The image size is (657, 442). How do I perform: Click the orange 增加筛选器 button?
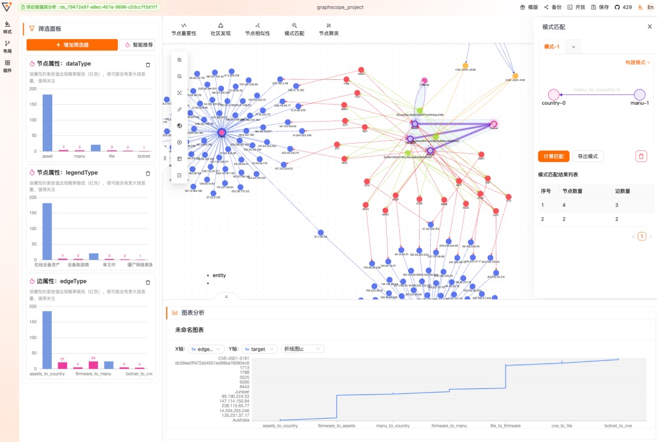pos(72,45)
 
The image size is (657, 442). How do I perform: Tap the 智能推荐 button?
pos(137,45)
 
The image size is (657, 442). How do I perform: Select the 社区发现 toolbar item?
pos(220,29)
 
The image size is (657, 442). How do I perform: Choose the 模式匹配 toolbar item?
pos(294,29)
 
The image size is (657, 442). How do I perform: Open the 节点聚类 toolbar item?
pos(328,29)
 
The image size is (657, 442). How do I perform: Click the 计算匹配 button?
pos(554,156)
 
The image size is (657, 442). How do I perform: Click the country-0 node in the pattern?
pos(554,94)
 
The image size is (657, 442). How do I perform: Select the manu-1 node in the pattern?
pos(639,94)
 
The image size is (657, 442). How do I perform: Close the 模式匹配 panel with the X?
pos(649,27)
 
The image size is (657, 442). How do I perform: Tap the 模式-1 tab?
pos(552,47)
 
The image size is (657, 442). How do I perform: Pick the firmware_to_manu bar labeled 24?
pos(93,365)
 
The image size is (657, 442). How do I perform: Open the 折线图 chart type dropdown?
pos(302,349)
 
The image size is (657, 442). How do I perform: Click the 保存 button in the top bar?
pos(600,7)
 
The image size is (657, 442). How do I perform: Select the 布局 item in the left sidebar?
pos(7,47)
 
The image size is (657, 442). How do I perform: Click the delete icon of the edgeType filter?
pos(148,282)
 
